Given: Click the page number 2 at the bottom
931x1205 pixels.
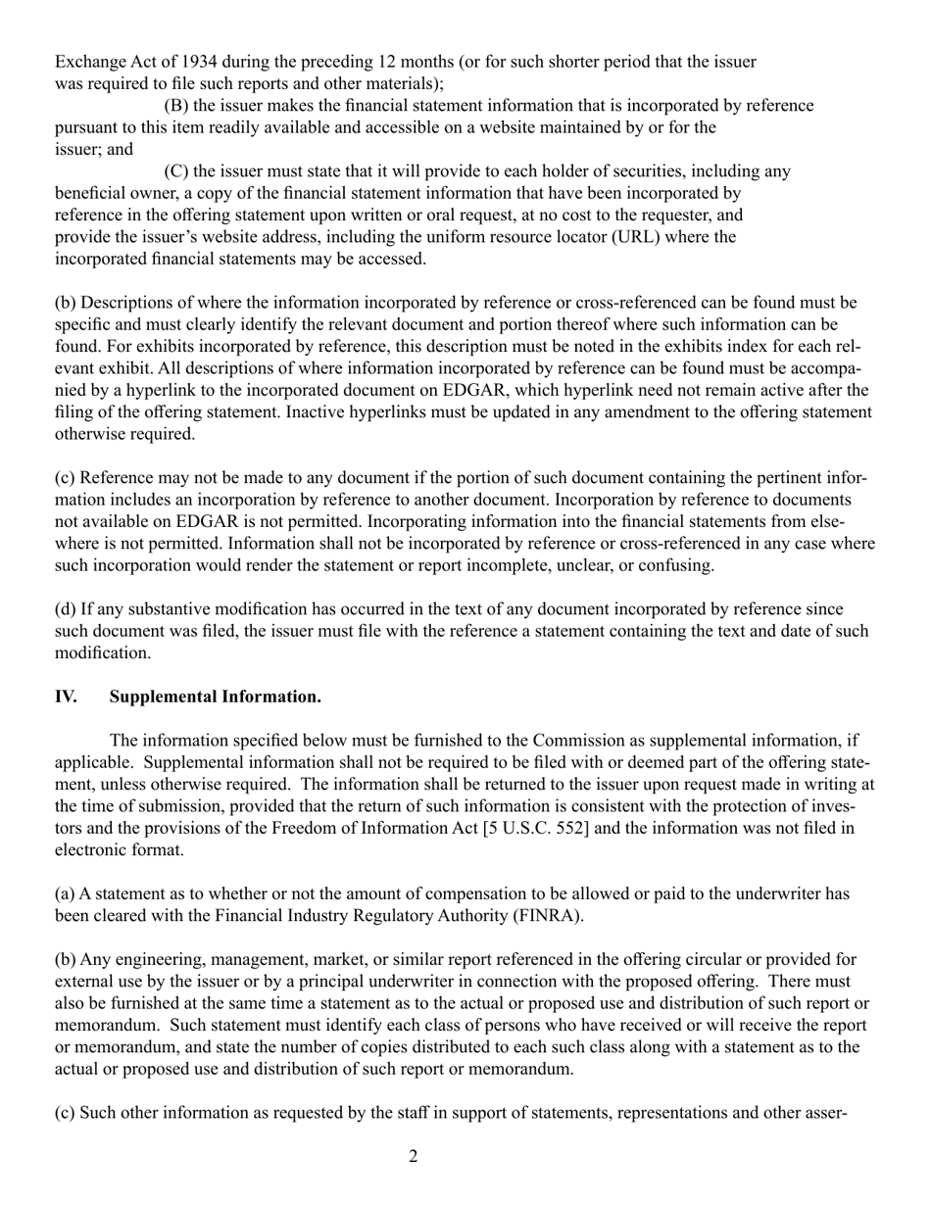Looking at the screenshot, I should click(413, 1157).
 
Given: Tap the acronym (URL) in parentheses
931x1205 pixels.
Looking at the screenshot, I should click(611, 237).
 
